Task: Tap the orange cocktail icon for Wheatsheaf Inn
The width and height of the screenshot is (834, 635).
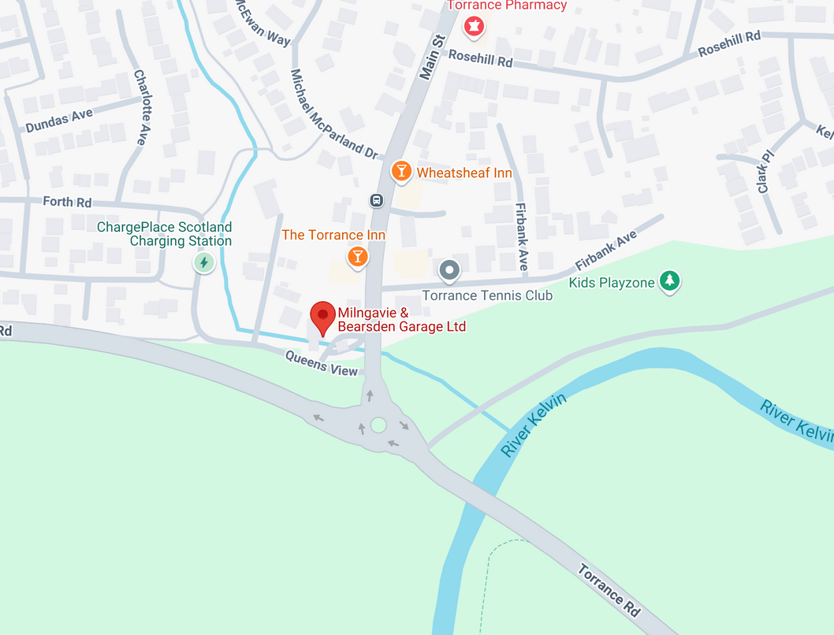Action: pyautogui.click(x=401, y=171)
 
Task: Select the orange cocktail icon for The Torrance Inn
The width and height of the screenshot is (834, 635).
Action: pyautogui.click(x=358, y=256)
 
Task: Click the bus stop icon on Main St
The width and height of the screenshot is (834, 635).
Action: pyautogui.click(x=377, y=200)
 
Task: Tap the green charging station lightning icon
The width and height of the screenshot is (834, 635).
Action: pyautogui.click(x=204, y=262)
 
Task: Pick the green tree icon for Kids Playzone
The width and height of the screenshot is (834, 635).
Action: pyautogui.click(x=670, y=280)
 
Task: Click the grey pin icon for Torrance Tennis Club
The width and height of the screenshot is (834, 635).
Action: pyautogui.click(x=449, y=271)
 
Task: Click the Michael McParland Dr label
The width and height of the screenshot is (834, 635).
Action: pyautogui.click(x=333, y=114)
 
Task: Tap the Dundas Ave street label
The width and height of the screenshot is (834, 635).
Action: pyautogui.click(x=59, y=121)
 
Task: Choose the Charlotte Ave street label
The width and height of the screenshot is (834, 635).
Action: pyautogui.click(x=141, y=107)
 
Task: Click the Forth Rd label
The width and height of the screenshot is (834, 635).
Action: pyautogui.click(x=67, y=202)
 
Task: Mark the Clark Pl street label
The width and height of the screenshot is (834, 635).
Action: pyautogui.click(x=764, y=173)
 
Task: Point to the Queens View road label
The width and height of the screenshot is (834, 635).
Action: pyautogui.click(x=321, y=363)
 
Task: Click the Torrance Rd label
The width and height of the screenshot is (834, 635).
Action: pyautogui.click(x=609, y=589)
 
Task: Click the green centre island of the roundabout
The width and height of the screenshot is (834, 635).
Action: pyautogui.click(x=378, y=425)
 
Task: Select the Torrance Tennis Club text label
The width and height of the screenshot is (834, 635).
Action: pyautogui.click(x=487, y=295)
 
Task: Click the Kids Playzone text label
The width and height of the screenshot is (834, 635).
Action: pyautogui.click(x=612, y=283)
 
